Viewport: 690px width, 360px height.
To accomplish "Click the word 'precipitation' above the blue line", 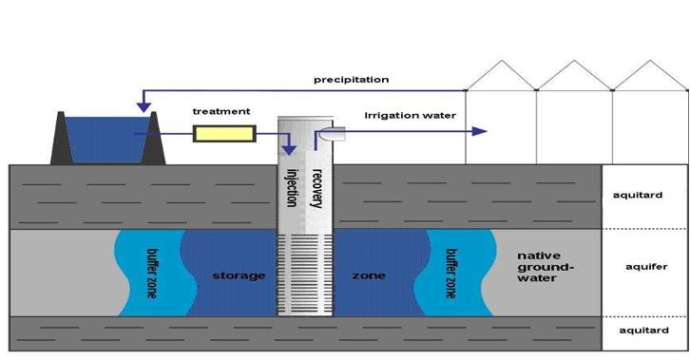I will click(x=351, y=79).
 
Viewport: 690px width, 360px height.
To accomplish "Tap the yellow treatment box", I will click(x=223, y=134).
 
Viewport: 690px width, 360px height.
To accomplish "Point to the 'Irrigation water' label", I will click(x=410, y=116).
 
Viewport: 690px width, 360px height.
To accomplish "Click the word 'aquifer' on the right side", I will click(x=644, y=269).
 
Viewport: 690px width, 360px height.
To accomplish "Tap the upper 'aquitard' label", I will click(x=644, y=197).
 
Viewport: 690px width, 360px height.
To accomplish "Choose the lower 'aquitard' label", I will click(x=644, y=332).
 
